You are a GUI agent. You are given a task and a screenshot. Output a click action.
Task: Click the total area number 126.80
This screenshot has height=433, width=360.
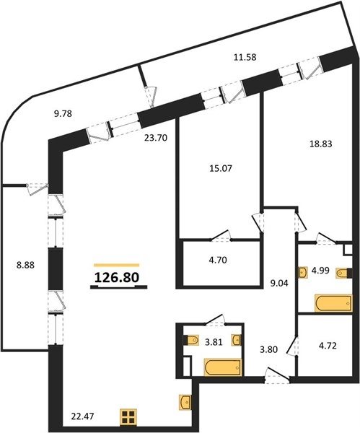point(116,278)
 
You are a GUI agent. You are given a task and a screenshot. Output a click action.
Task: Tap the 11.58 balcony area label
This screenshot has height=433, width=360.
point(245,57)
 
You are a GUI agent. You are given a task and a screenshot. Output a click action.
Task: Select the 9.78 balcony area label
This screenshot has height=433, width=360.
point(63,113)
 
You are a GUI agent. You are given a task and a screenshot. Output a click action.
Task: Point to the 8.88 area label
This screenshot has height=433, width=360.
point(25,266)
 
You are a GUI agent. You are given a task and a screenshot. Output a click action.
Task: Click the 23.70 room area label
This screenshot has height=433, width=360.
point(156,138)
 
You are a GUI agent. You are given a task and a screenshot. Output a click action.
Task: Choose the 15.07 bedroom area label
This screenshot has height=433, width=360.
point(221,168)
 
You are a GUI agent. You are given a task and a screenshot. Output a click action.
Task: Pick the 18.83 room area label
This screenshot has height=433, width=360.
point(320,144)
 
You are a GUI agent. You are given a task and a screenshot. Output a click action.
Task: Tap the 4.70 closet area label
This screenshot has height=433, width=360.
point(218,260)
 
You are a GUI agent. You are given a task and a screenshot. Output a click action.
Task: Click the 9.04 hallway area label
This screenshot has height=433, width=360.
point(279,284)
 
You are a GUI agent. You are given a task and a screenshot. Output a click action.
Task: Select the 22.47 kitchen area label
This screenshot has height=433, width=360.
point(82,416)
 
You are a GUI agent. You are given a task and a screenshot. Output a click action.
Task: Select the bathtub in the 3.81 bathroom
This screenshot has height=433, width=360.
point(223,367)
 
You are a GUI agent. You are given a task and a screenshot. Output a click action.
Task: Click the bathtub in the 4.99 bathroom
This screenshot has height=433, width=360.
point(333,303)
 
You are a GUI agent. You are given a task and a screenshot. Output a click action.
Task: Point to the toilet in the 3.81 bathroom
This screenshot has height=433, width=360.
point(193,340)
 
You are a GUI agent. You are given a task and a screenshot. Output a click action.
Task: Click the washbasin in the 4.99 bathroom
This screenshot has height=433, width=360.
point(304,272)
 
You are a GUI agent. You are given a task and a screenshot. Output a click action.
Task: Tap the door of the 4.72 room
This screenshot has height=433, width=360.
point(292,346)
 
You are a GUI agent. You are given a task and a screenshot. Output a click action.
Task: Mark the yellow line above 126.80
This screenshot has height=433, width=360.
point(116,265)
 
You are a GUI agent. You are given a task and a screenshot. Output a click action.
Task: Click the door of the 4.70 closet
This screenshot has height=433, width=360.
point(221,235)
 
